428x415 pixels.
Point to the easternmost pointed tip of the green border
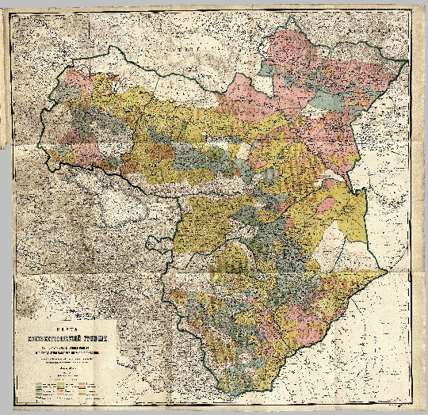386,270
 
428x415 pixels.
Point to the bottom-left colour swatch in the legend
41,393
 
